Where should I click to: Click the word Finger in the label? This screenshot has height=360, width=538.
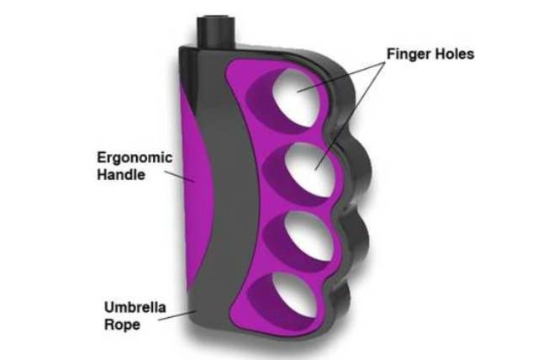click(406, 54)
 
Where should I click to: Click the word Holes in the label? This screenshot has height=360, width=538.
click(452, 54)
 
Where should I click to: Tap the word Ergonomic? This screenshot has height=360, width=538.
click(134, 158)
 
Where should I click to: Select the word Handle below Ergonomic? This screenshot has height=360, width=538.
click(121, 174)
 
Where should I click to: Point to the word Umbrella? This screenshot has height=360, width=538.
click(134, 307)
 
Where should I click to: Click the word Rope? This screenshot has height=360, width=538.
click(122, 325)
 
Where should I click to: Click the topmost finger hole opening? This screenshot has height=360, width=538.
click(297, 98)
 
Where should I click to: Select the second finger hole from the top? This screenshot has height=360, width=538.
click(310, 170)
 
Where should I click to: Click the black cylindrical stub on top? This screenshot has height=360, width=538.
click(216, 32)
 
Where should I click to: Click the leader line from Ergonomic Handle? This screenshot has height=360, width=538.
click(180, 177)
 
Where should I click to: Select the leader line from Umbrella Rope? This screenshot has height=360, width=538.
click(177, 315)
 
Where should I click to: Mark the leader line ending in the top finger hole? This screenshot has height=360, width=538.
click(340, 77)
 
